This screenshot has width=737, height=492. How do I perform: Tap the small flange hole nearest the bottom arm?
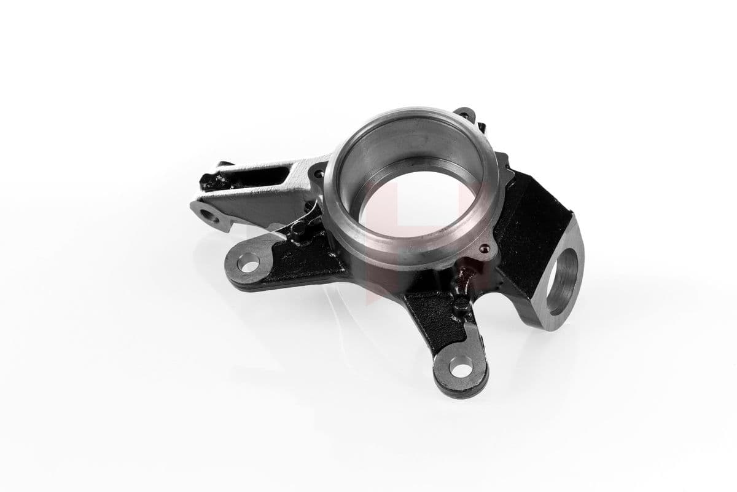coord(485,249)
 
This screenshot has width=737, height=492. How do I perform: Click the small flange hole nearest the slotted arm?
coord(318,175)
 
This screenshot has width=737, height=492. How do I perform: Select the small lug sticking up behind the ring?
coord(465,114)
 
